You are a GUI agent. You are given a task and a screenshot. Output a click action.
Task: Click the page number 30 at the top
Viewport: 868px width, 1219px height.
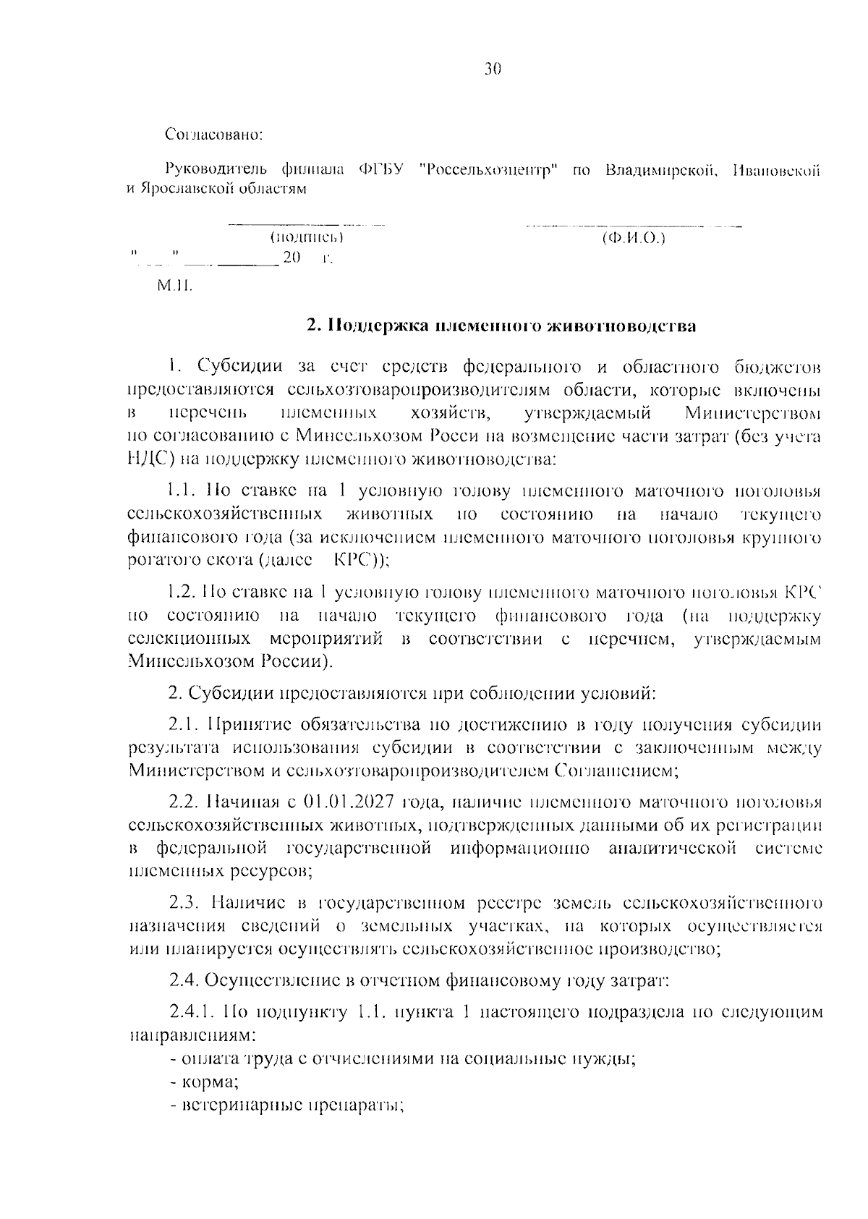click(492, 69)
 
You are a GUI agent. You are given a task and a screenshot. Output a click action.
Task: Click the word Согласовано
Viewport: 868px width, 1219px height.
click(214, 135)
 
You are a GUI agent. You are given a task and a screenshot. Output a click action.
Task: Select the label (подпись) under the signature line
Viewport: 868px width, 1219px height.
click(306, 237)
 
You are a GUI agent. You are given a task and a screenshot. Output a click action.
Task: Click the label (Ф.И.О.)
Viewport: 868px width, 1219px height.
click(634, 237)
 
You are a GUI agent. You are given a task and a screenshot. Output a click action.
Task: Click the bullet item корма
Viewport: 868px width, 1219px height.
click(210, 1082)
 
